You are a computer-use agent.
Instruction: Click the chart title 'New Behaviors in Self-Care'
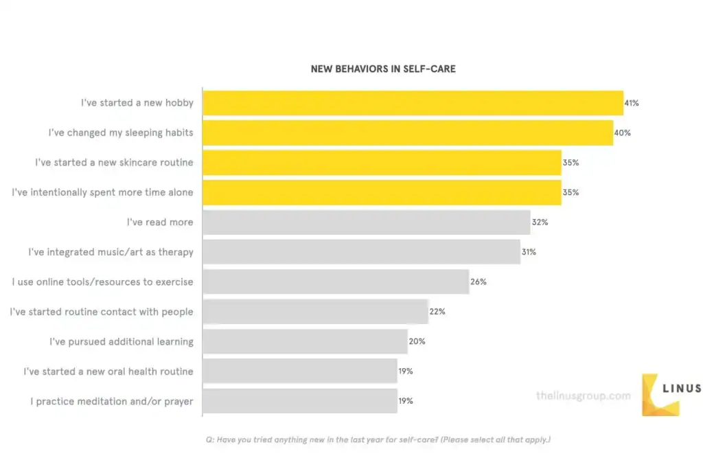coord(382,69)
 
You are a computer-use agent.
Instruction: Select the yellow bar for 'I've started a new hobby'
coord(413,103)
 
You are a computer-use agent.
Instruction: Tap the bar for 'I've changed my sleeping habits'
coord(408,133)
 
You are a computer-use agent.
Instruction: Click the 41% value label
coord(632,103)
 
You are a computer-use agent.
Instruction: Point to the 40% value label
coord(622,133)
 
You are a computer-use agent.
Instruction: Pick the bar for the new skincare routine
coord(382,163)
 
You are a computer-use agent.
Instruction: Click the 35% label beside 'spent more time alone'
coord(571,192)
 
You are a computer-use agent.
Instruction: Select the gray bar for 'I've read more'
coord(367,222)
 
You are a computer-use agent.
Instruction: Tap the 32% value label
coord(540,222)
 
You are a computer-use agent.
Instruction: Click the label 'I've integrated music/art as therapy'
coord(111,252)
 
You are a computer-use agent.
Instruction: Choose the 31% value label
coord(529,252)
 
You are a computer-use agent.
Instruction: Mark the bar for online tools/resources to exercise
coord(336,282)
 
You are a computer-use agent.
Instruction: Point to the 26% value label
coord(479,282)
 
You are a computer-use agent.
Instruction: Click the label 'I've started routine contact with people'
coord(102,312)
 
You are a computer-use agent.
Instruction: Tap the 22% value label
coord(437,312)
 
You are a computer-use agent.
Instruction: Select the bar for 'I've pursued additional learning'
coord(305,341)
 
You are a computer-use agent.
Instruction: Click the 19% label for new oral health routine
coord(406,371)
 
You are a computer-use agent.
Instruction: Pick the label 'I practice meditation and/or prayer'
coord(111,401)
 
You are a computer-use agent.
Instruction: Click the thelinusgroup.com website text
coord(583,396)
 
